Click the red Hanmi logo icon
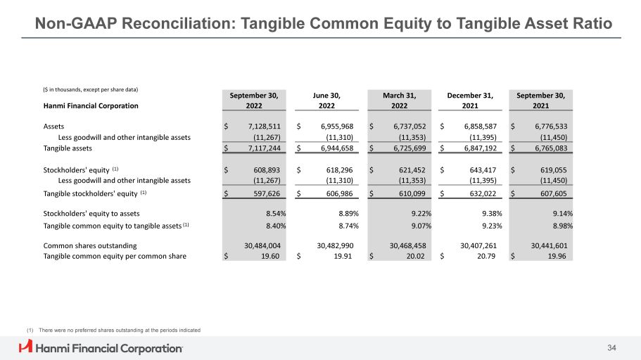coord(26,347)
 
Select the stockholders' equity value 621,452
coord(405,169)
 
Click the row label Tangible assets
coord(68,148)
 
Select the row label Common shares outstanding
coord(90,245)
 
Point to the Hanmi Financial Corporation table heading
coord(91,106)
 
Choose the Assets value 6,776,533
coord(548,126)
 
